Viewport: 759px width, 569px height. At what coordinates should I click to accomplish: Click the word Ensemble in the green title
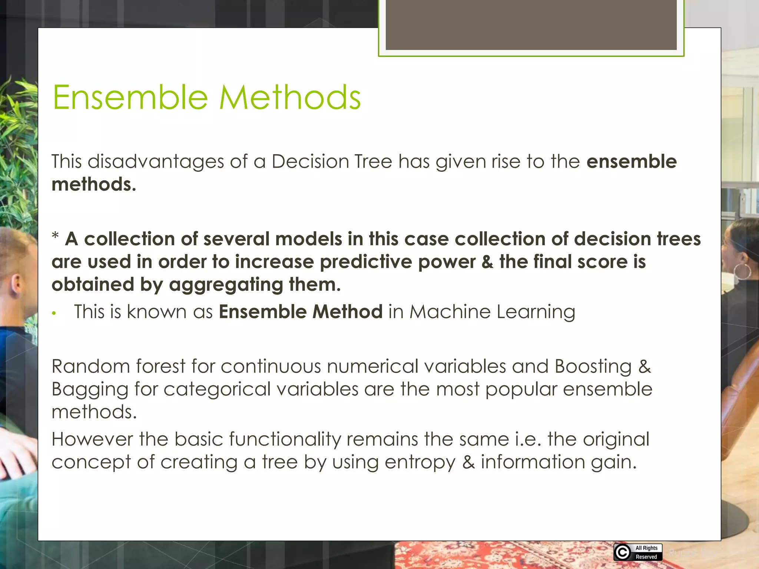[130, 97]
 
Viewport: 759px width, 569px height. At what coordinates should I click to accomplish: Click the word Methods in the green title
[290, 97]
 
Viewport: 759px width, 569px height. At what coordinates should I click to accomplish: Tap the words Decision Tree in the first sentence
[332, 162]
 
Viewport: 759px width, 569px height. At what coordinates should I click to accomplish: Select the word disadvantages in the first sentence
[156, 162]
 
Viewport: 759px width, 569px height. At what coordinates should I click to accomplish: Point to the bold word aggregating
[226, 285]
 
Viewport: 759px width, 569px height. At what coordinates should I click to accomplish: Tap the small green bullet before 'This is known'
[54, 313]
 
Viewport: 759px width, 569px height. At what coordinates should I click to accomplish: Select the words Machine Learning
[492, 312]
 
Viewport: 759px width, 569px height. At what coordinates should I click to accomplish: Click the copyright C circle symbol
[623, 552]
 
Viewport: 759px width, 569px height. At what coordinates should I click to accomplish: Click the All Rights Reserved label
[646, 552]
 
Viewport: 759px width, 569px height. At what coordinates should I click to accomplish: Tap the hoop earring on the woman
[743, 272]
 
